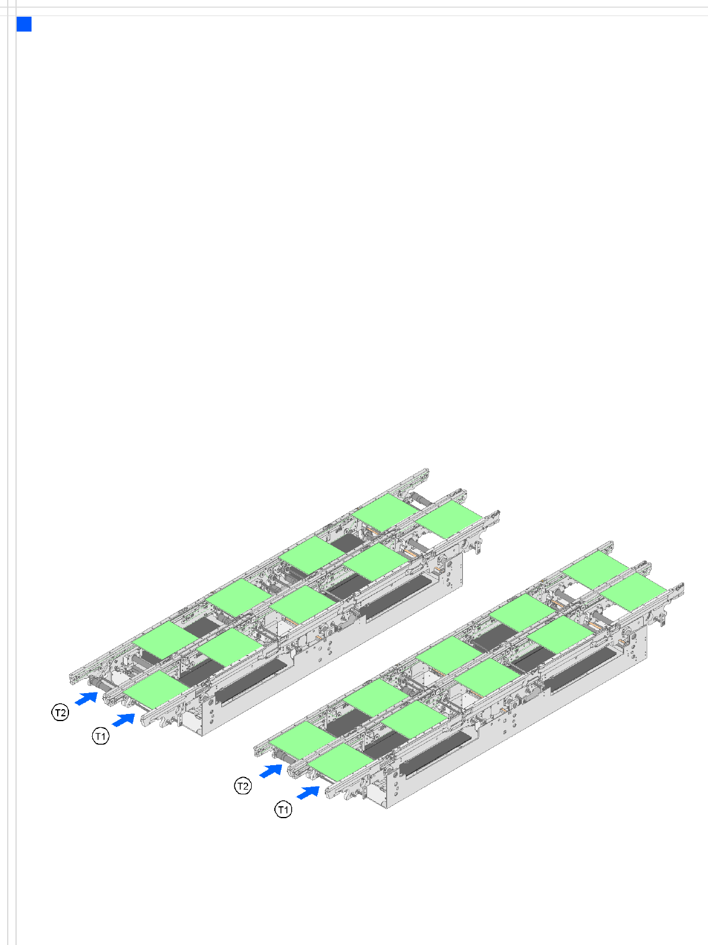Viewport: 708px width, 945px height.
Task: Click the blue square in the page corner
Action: pos(24,24)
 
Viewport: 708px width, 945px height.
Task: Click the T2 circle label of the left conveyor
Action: pos(60,713)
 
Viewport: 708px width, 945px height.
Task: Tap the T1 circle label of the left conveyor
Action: pos(101,736)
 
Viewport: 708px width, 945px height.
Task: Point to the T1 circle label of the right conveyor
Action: pos(283,810)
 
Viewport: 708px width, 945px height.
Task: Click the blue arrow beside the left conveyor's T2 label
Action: pos(86,698)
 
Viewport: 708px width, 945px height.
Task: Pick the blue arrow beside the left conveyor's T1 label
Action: pos(123,719)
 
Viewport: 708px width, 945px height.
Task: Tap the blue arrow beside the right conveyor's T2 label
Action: pos(271,771)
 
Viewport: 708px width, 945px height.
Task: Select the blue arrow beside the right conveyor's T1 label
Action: pos(308,793)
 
